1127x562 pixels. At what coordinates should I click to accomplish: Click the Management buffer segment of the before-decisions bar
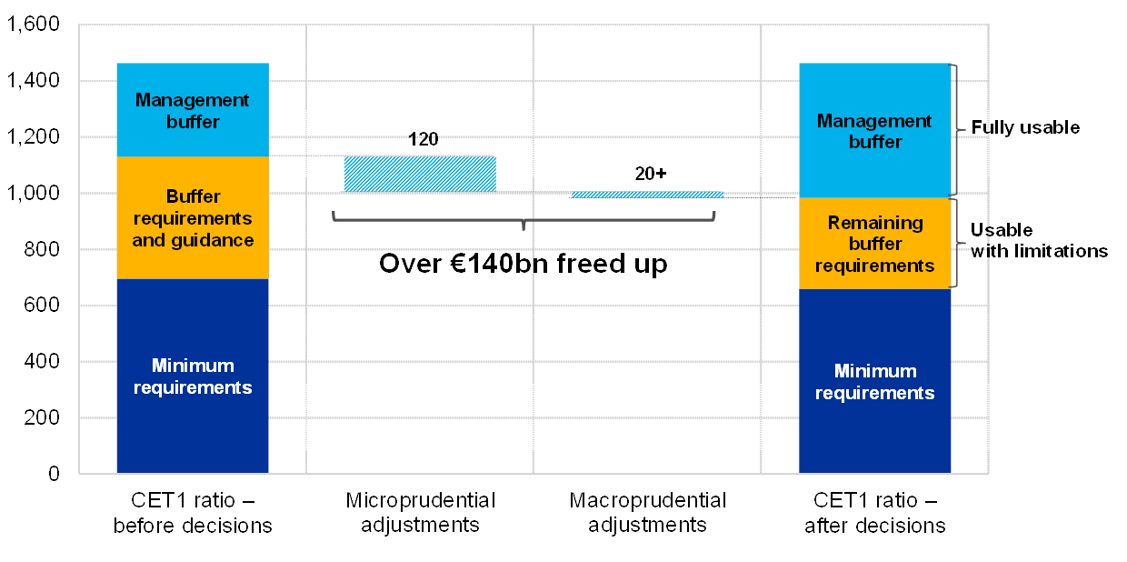click(193, 110)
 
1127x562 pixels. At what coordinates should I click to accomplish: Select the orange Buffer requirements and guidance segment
click(193, 218)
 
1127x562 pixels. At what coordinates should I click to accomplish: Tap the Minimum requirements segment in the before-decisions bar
click(193, 376)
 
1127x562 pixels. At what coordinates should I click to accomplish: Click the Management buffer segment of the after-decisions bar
click(874, 131)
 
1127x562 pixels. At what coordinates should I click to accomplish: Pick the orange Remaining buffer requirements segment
click(874, 244)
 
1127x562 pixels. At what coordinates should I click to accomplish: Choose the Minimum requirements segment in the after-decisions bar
click(874, 381)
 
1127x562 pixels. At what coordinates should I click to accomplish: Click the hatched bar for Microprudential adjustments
click(420, 174)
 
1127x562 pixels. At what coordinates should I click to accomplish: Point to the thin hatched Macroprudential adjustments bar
click(647, 195)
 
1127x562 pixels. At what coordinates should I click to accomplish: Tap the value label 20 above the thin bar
click(644, 174)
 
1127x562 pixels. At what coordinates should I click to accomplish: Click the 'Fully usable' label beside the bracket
click(1032, 129)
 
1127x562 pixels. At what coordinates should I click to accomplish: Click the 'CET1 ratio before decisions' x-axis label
click(193, 513)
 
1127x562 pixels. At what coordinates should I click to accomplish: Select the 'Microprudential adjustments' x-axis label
click(420, 513)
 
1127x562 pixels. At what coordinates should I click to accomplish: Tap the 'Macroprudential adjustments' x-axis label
click(647, 513)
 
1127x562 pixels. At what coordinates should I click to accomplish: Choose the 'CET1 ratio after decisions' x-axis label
click(874, 513)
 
